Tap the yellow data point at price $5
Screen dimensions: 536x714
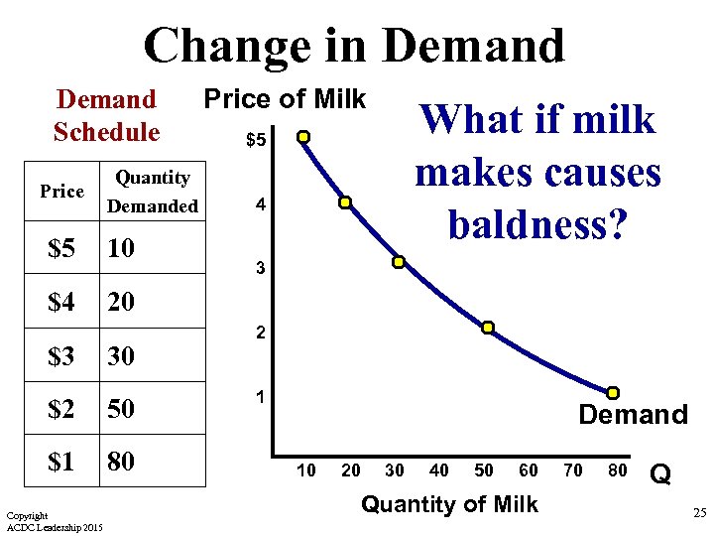click(304, 136)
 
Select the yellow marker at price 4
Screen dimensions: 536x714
click(345, 202)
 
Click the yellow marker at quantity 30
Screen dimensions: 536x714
click(398, 262)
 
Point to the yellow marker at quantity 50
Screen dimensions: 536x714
click(488, 328)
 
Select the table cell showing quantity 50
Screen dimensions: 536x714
click(121, 408)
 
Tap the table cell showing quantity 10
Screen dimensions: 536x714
click(121, 247)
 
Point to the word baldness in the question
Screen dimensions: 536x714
click(536, 223)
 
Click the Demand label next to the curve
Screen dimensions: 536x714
click(633, 415)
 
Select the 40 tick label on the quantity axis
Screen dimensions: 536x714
click(438, 470)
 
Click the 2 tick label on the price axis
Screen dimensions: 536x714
click(260, 334)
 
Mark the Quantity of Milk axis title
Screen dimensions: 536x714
click(449, 504)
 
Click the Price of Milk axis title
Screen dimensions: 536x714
click(285, 99)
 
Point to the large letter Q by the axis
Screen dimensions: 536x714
click(660, 475)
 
